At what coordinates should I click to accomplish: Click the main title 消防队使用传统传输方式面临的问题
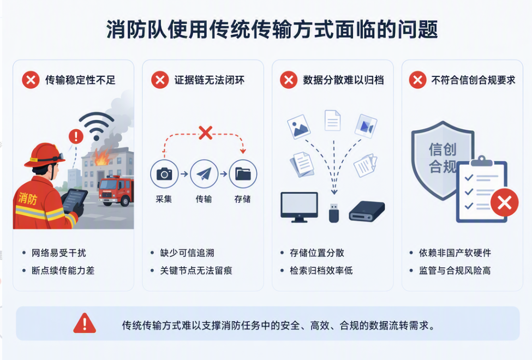[272, 29]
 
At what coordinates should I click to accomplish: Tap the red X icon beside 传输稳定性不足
[31, 80]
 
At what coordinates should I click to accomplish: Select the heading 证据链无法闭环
[210, 80]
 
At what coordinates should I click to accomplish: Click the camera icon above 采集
[164, 174]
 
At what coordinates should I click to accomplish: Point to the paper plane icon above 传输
[204, 174]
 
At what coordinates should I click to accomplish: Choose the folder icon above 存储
[243, 174]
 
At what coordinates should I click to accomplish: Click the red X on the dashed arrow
[206, 133]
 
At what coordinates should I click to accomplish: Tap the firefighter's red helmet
[44, 155]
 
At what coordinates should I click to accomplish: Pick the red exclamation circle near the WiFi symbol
[76, 136]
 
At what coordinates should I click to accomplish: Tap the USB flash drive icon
[334, 213]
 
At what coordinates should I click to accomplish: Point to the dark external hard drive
[367, 212]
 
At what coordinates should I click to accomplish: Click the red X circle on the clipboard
[505, 202]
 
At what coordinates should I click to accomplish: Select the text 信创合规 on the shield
[443, 158]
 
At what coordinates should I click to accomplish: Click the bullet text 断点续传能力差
[63, 271]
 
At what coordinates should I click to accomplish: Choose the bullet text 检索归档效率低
[321, 271]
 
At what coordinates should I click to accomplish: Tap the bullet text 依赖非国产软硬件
[455, 253]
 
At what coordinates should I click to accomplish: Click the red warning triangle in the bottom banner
[85, 323]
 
